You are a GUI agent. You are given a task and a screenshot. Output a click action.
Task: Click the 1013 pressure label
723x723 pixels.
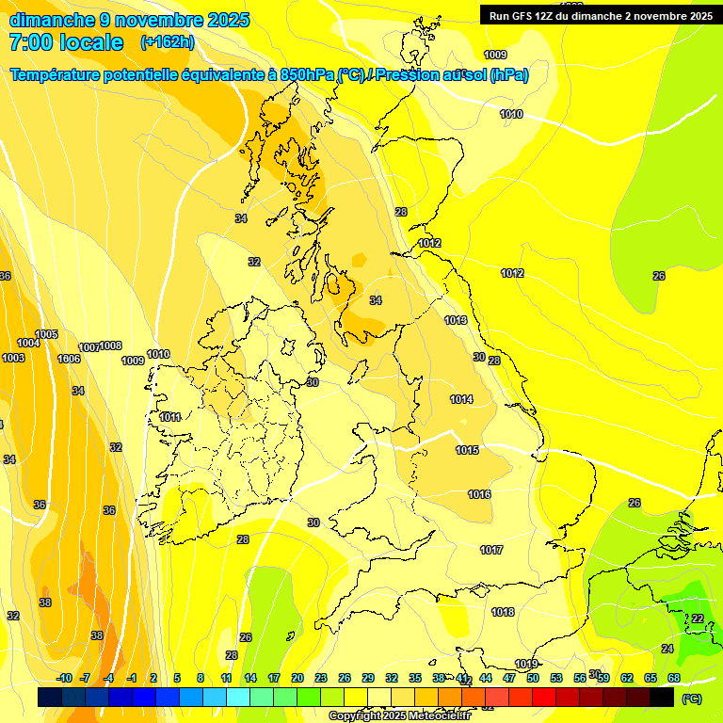pos(456,321)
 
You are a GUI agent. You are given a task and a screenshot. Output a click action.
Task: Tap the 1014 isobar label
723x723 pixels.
pos(461,400)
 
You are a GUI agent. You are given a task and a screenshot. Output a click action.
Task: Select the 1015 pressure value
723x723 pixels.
pos(468,451)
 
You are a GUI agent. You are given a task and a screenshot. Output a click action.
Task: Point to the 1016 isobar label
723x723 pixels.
pos(479,495)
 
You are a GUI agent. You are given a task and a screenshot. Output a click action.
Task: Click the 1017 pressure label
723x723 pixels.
pos(490,551)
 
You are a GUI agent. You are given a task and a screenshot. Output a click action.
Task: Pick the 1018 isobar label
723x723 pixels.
pos(503,613)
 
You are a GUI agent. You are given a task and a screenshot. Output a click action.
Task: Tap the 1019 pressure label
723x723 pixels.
pos(526,665)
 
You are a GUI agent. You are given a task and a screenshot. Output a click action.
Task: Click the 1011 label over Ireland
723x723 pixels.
pos(170,418)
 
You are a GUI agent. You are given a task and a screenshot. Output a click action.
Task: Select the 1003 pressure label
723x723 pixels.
pos(13,359)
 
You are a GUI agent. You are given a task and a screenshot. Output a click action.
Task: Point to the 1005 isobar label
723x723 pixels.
pos(46,335)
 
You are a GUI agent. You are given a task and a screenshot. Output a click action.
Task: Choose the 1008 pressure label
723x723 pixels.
pos(111,346)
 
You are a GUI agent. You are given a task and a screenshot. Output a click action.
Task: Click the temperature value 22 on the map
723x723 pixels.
pos(698,619)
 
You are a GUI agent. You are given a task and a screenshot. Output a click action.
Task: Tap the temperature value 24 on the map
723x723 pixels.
pos(667,650)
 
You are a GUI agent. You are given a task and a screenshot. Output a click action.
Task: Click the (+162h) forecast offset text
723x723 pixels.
pos(168,42)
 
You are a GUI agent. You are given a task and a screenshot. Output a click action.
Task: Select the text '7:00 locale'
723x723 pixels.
pos(66,42)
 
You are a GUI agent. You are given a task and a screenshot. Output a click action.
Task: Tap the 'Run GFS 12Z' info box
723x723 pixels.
pos(600,16)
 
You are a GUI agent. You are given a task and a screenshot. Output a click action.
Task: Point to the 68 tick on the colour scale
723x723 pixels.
pos(674,678)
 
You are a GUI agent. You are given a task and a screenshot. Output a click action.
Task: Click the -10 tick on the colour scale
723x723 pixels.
pos(65,678)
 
